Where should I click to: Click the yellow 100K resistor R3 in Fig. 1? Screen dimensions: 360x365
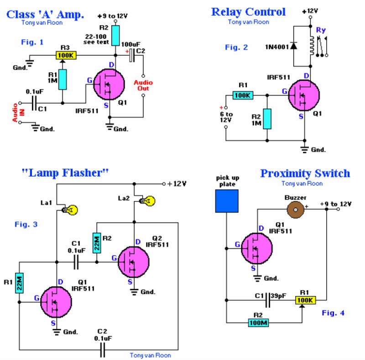(x=66, y=56)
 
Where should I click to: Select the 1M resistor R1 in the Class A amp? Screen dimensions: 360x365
(x=62, y=79)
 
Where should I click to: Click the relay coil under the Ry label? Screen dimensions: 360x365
(x=313, y=45)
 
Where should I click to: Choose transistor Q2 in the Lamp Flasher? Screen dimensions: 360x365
(x=134, y=262)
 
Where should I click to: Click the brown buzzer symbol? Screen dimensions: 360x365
(x=294, y=210)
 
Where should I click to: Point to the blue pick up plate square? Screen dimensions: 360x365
(x=227, y=200)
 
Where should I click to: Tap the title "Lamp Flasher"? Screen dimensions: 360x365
(x=65, y=173)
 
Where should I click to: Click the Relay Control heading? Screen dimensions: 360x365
(x=248, y=12)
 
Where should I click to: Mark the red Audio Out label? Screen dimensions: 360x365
(x=144, y=85)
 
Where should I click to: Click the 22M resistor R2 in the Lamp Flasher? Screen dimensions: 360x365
(x=97, y=242)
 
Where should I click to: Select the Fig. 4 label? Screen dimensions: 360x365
(x=333, y=313)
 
